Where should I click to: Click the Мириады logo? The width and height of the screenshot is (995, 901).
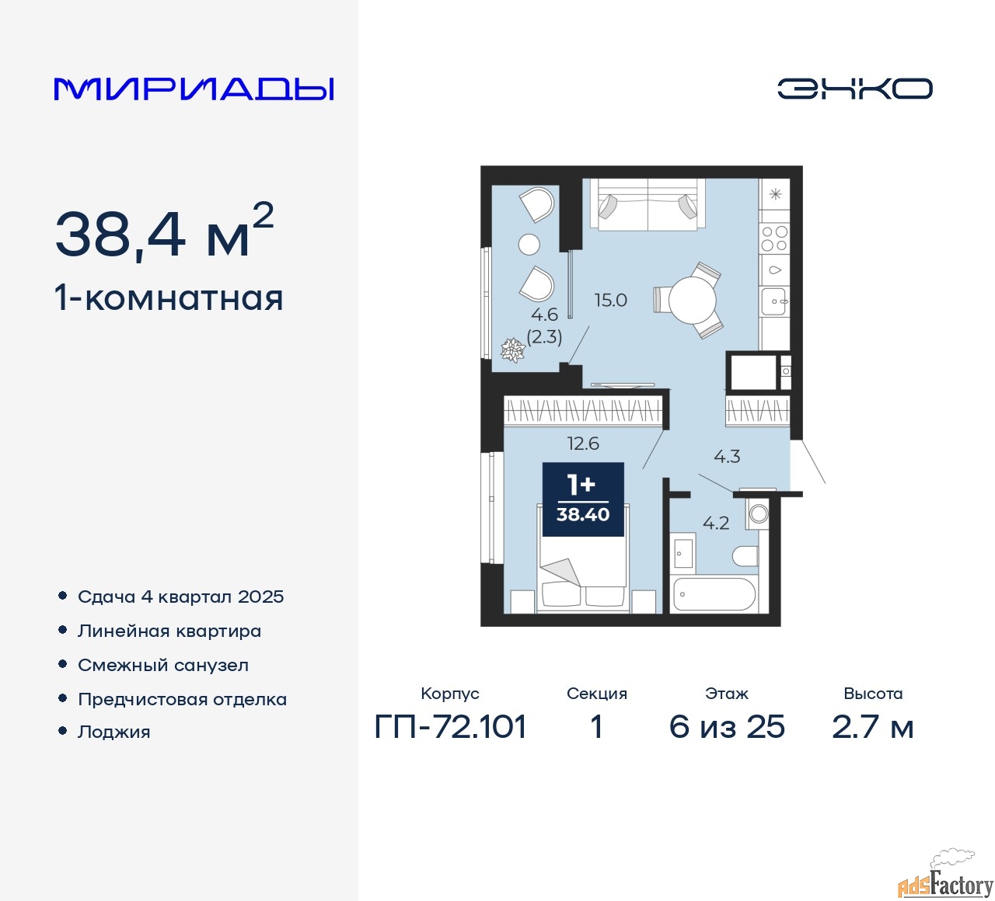tap(194, 89)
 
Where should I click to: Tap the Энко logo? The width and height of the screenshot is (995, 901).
tap(854, 89)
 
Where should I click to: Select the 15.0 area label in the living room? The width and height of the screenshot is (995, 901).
tap(610, 301)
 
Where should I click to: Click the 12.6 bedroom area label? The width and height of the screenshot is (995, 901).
tap(583, 443)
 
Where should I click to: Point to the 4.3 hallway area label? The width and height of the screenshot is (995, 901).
tap(727, 457)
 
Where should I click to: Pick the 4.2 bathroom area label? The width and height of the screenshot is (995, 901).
tap(716, 523)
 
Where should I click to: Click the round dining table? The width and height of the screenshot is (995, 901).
tap(692, 300)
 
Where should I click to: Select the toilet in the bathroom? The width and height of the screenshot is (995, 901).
tap(745, 555)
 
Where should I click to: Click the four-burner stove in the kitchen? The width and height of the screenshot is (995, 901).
tap(774, 238)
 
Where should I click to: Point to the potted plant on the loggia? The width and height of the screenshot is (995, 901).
tap(512, 350)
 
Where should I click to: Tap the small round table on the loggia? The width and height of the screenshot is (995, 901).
tap(529, 245)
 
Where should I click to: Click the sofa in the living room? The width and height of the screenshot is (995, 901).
tap(648, 205)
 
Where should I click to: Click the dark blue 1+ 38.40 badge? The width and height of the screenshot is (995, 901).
tap(583, 499)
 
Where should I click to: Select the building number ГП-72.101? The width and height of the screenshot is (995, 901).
tap(450, 727)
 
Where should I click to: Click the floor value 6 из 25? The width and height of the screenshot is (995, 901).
tap(727, 727)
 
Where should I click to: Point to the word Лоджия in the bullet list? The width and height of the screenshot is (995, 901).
tap(113, 732)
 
